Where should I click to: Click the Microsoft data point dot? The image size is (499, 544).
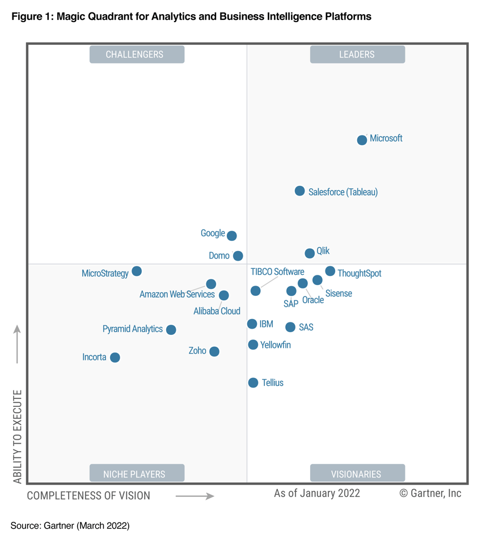pyautogui.click(x=362, y=140)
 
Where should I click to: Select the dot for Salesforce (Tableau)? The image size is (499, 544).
pyautogui.click(x=299, y=191)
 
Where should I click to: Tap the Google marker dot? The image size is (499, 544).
pyautogui.click(x=231, y=235)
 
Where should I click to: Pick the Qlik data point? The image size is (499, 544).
pyautogui.click(x=310, y=253)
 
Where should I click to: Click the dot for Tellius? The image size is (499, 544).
pyautogui.click(x=253, y=383)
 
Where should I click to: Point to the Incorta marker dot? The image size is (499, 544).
pyautogui.click(x=115, y=358)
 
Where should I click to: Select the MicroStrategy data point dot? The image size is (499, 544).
pyautogui.click(x=137, y=271)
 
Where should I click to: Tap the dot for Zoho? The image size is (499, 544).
pyautogui.click(x=214, y=351)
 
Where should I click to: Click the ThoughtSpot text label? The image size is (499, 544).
pyautogui.click(x=360, y=274)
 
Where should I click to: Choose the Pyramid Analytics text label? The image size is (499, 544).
pyautogui.click(x=133, y=329)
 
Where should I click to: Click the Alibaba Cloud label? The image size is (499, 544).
pyautogui.click(x=217, y=311)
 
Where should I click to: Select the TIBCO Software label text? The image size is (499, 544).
pyautogui.click(x=277, y=272)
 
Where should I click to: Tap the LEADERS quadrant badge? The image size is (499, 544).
pyautogui.click(x=357, y=54)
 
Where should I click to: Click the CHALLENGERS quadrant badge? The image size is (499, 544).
pyautogui.click(x=137, y=54)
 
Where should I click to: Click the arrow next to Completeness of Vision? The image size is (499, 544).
pyautogui.click(x=194, y=496)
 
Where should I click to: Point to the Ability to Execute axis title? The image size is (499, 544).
pyautogui.click(x=18, y=436)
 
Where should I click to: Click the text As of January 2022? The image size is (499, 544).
pyautogui.click(x=317, y=494)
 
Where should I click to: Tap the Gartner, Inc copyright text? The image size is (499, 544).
pyautogui.click(x=430, y=494)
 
